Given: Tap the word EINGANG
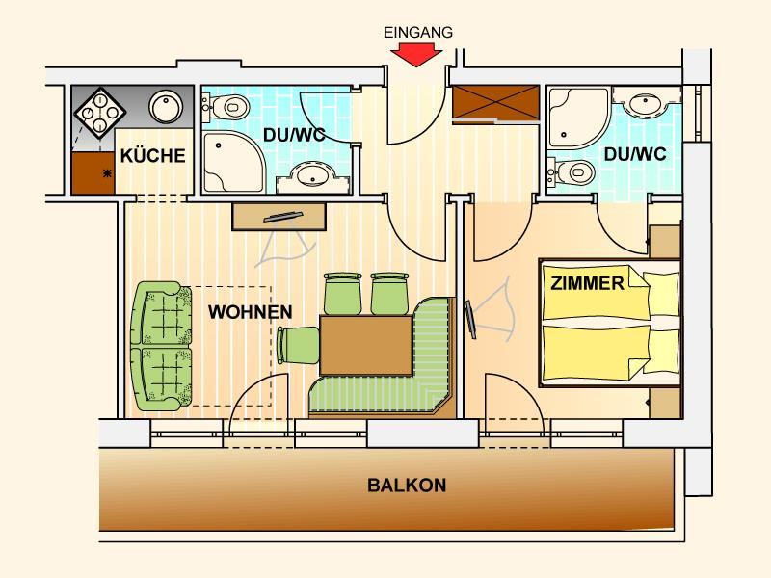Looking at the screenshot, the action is pyautogui.click(x=418, y=33).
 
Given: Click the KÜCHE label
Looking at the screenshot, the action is pyautogui.click(x=153, y=156).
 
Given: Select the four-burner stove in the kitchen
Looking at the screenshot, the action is pyautogui.click(x=100, y=113).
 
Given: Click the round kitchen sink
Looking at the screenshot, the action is pyautogui.click(x=166, y=107).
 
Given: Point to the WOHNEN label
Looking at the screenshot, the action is pyautogui.click(x=251, y=312).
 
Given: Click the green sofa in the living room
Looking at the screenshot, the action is pyautogui.click(x=162, y=346).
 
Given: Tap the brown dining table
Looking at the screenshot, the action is pyautogui.click(x=366, y=346).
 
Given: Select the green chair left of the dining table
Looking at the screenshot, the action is pyautogui.click(x=299, y=346).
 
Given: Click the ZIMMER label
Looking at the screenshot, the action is pyautogui.click(x=587, y=283).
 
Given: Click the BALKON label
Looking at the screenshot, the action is pyautogui.click(x=407, y=486).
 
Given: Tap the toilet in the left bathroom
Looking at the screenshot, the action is pyautogui.click(x=226, y=106).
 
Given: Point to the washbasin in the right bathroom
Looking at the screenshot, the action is pyautogui.click(x=647, y=103).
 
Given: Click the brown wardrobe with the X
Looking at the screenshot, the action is pyautogui.click(x=495, y=102).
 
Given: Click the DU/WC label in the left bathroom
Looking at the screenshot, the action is pyautogui.click(x=295, y=135).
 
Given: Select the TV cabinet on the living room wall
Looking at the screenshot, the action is pyautogui.click(x=279, y=216).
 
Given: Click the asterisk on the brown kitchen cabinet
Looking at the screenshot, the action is pyautogui.click(x=107, y=173).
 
